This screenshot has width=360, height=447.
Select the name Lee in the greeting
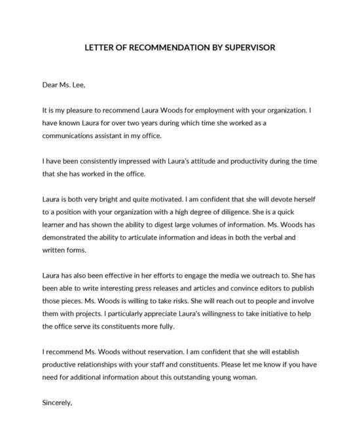pos(75,84)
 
